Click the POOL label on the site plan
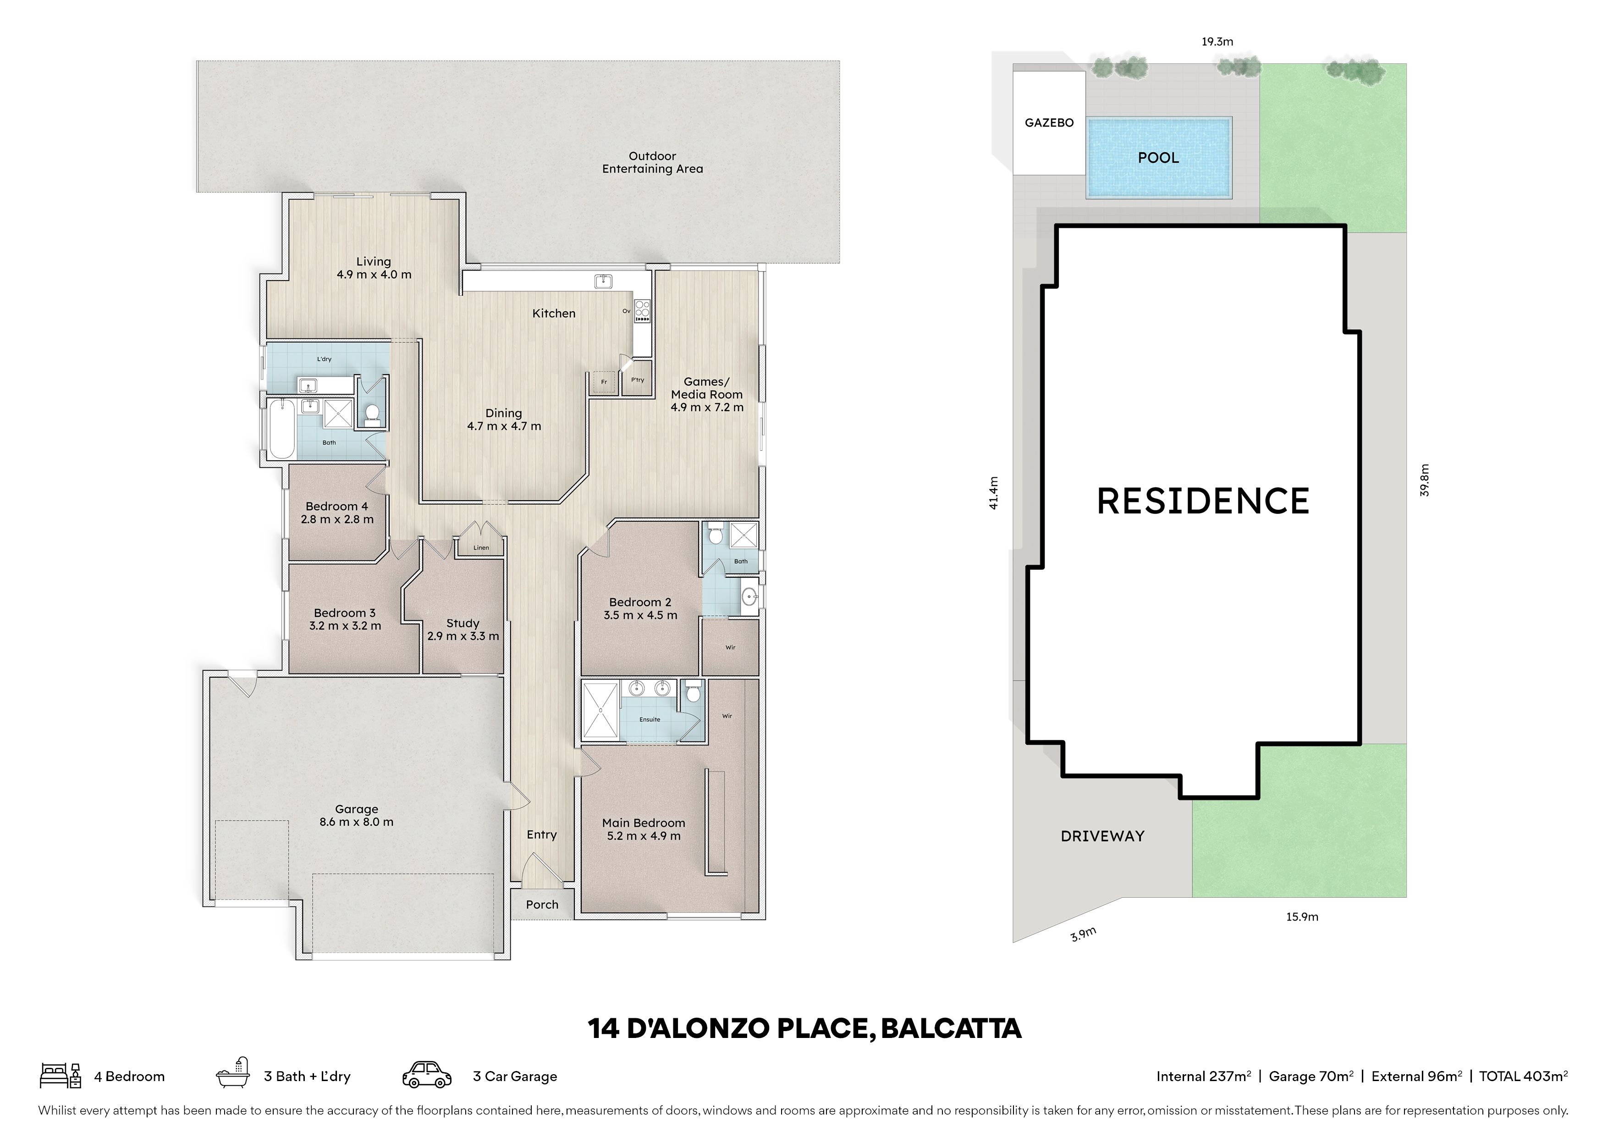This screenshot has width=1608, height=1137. (x=1158, y=158)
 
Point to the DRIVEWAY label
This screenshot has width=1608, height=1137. (x=1102, y=836)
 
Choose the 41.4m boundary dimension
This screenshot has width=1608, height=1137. (x=993, y=493)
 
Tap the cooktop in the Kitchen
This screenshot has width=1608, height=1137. (x=642, y=311)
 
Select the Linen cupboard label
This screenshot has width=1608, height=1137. (x=481, y=548)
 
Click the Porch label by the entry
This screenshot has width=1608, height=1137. (x=542, y=905)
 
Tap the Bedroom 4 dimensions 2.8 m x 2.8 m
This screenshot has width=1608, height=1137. (x=337, y=519)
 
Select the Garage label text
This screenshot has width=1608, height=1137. (x=357, y=809)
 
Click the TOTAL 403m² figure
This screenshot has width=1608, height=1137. (x=1523, y=1076)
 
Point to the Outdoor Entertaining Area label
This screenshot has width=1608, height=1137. (x=653, y=163)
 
